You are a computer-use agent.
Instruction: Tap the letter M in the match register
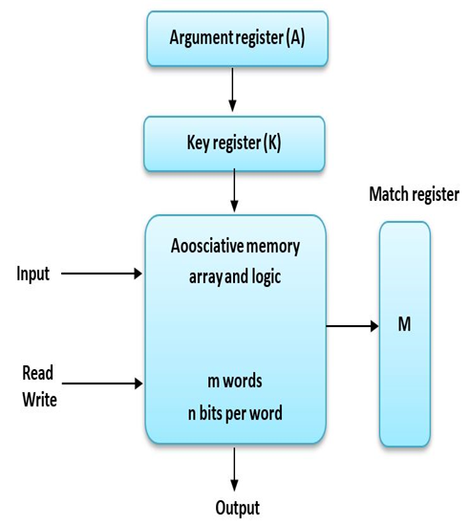point(404,325)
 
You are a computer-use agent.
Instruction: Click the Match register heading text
point(414,195)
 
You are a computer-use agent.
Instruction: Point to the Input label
point(32,274)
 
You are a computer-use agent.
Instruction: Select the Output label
point(235,508)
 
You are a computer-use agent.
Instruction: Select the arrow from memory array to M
point(352,326)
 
